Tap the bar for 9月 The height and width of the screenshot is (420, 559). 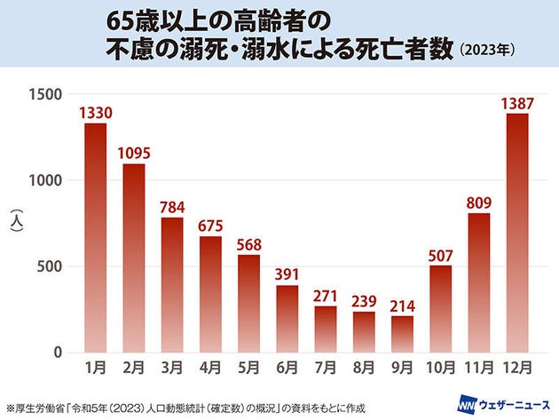402,334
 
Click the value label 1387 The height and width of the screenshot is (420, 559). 517,104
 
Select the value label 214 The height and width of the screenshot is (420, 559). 402,305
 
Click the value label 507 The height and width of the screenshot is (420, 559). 441,255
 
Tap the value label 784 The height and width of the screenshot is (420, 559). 172,207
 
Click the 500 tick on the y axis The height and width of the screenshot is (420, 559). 51,266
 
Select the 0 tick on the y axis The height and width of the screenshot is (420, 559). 59,353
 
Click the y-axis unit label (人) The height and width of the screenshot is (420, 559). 15,222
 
